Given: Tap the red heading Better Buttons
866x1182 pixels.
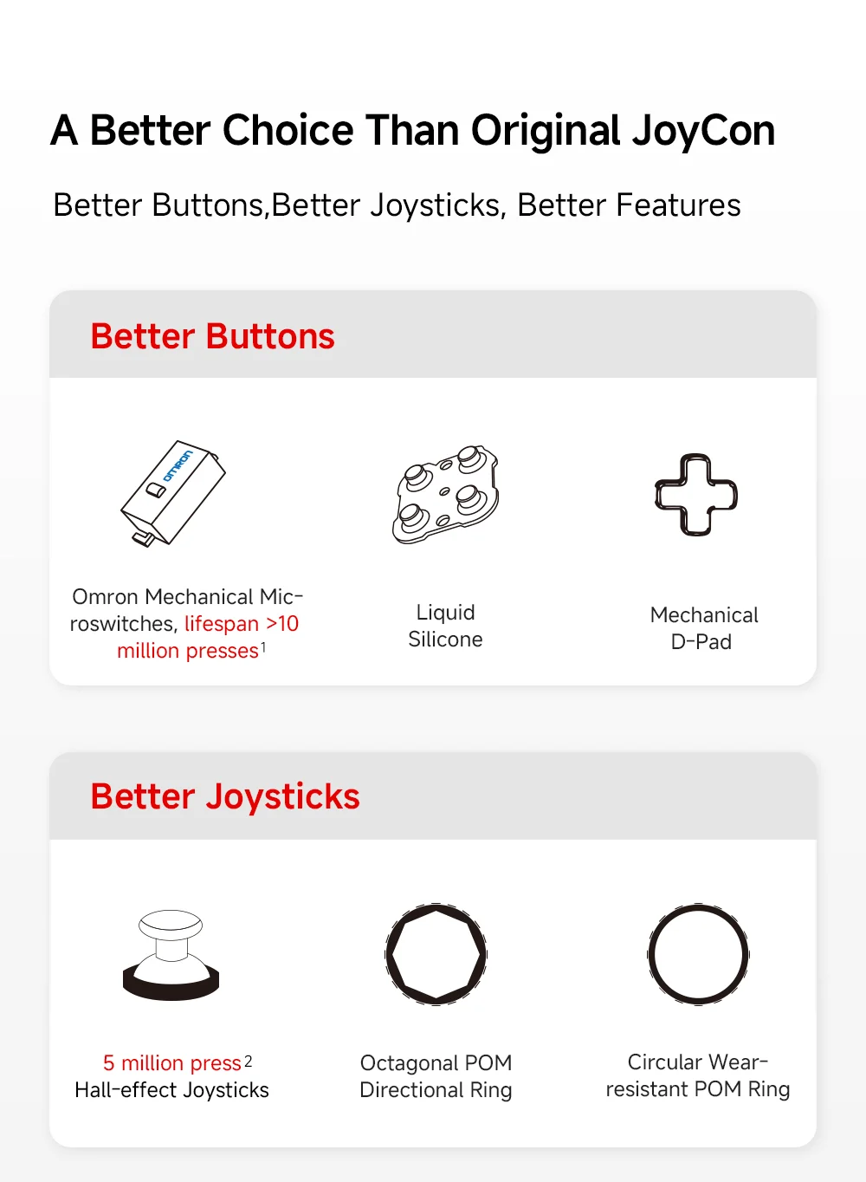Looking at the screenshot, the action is (212, 336).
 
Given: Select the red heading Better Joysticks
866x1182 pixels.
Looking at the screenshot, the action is (225, 796).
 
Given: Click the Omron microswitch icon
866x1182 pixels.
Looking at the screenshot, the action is (173, 493).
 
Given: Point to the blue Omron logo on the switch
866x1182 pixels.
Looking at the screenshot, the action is (178, 465).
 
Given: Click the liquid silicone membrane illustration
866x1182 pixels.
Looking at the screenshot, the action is (446, 494).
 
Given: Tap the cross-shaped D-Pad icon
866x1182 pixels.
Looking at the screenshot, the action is (696, 495).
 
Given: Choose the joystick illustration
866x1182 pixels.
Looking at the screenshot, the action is (171, 955).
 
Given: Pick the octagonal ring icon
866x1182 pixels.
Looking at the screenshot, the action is (436, 954).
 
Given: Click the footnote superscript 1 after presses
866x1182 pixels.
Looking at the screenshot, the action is (263, 647).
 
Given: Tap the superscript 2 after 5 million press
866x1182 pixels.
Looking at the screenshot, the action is (248, 1062).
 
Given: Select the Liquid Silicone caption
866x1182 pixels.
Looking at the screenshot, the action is (446, 626).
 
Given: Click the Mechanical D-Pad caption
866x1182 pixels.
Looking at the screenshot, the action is (703, 628).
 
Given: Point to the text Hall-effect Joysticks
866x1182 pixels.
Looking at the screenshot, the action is (172, 1089).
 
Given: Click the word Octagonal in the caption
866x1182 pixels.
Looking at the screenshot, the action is (405, 1063).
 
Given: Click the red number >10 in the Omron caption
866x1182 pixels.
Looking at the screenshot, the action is (282, 624).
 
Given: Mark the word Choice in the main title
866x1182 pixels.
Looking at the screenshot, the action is (288, 130).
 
